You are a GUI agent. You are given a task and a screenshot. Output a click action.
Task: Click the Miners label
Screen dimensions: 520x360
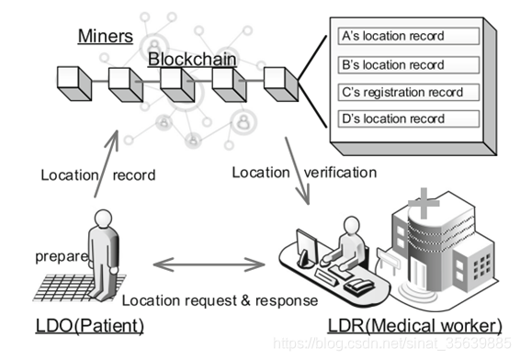coord(106,36)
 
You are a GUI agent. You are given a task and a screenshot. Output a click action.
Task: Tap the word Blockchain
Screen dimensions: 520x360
coord(192,60)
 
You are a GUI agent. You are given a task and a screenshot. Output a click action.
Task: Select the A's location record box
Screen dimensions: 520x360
coord(409,36)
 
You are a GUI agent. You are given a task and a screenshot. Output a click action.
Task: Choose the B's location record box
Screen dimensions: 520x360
coord(409,64)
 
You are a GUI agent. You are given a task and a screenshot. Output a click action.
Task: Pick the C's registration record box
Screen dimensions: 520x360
coord(409,92)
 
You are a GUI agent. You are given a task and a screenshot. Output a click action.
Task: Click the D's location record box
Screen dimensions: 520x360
coord(409,118)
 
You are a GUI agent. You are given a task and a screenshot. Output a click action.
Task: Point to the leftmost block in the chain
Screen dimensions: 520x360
coord(74,84)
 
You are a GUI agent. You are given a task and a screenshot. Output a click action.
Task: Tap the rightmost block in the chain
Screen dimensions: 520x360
coord(281,84)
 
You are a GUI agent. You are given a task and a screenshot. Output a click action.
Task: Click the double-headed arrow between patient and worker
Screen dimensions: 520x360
coord(209,264)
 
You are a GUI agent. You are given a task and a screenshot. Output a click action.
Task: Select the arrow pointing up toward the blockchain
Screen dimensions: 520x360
coord(107,164)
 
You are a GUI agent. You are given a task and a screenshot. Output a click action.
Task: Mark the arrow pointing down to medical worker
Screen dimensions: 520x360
coord(298,171)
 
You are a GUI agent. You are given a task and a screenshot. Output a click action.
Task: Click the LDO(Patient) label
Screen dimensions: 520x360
coord(90,326)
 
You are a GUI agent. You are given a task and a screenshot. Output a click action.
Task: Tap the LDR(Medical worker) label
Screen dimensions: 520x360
coord(415,326)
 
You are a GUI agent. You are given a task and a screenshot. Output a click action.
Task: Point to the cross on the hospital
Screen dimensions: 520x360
coord(424,203)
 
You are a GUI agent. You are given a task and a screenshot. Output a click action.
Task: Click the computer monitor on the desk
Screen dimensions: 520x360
coord(307,247)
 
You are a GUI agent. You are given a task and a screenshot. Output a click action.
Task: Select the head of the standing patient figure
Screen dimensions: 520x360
coord(103,219)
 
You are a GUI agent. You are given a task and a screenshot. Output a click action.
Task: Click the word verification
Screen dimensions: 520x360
coord(340,173)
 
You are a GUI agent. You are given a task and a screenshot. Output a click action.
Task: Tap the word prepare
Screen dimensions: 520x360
coord(62,256)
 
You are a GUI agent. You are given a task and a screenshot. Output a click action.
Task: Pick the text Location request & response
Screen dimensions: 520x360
coord(220,300)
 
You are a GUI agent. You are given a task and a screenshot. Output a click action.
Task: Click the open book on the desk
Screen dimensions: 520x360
coord(359,286)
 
